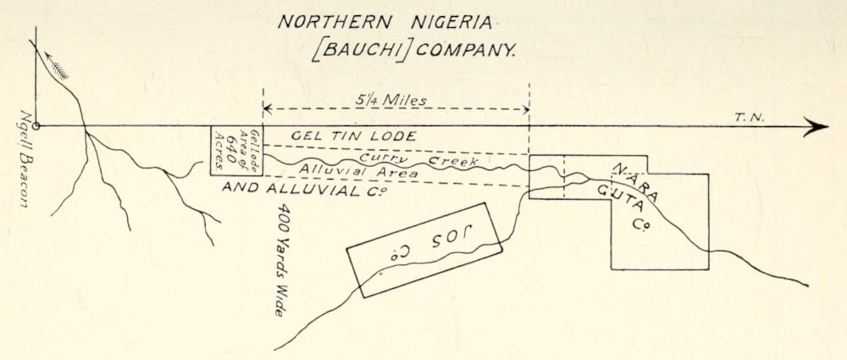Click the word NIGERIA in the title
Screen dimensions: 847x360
(451, 22)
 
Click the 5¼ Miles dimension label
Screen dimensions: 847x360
(390, 101)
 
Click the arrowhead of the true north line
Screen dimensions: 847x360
(816, 126)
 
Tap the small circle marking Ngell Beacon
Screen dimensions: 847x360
(36, 126)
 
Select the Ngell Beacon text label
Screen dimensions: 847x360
(24, 159)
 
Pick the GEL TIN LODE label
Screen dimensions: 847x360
(354, 136)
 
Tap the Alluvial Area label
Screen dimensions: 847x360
(358, 171)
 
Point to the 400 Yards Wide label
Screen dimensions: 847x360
(282, 260)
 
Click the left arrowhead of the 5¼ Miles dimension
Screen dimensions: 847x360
(267, 110)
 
